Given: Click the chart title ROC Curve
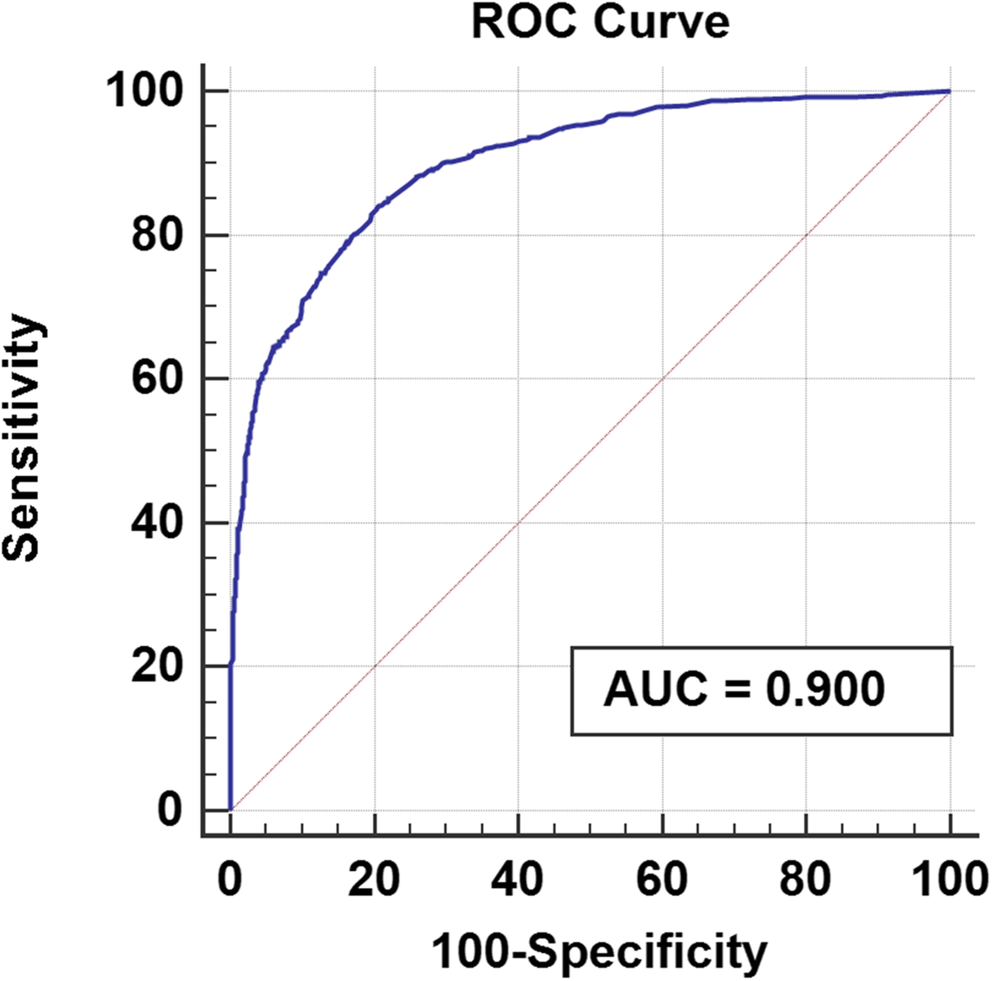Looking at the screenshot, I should pos(600,23).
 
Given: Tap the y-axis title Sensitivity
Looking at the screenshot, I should pos(23,438).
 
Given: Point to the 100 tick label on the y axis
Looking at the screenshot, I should pos(143,91).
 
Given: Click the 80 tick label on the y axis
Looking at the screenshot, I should pos(157,236).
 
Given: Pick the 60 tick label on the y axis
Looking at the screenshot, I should pos(157,379).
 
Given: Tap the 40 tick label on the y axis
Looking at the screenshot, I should pos(157,523).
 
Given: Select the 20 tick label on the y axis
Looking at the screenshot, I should pos(157,667).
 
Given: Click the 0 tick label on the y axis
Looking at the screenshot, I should pos(170,811).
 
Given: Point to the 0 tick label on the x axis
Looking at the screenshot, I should pos(230,880).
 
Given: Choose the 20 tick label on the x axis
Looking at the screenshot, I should pos(375,880).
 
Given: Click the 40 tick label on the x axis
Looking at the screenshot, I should pos(518,880).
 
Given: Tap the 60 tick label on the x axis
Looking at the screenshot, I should pos(663,880).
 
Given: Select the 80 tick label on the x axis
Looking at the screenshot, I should pos(806,880).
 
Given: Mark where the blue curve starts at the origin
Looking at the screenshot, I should pos(230,810).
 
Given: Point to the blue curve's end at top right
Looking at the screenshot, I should pos(949,91).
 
